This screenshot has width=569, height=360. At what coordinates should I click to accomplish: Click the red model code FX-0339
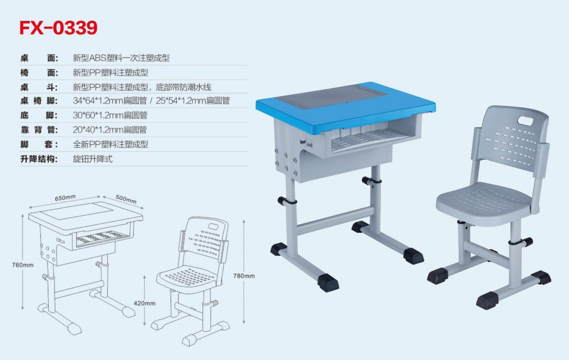[58, 28]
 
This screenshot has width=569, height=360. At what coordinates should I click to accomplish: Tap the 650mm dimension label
[65, 197]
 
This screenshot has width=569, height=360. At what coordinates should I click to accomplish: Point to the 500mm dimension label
[126, 199]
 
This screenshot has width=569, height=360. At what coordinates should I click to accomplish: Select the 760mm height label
[22, 265]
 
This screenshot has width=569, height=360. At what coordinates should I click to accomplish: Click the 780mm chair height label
[244, 276]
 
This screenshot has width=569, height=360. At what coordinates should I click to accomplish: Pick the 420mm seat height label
[144, 303]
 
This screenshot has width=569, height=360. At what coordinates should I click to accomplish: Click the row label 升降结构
[39, 159]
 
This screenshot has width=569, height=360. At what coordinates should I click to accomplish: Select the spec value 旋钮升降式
[93, 159]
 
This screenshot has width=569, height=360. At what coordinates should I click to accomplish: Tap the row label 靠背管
[39, 130]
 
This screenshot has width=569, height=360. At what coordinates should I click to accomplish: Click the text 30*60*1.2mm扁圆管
[110, 115]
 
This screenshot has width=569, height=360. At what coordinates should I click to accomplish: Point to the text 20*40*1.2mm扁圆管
[110, 130]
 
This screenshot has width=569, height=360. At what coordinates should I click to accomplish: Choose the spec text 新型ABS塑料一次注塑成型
[121, 58]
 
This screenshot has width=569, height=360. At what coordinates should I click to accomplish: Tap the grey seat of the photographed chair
[484, 203]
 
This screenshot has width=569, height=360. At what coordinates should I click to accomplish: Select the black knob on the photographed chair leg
[528, 242]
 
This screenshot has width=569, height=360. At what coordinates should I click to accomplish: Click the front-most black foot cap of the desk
[328, 283]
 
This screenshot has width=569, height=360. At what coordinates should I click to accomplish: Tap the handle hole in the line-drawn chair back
[213, 226]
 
